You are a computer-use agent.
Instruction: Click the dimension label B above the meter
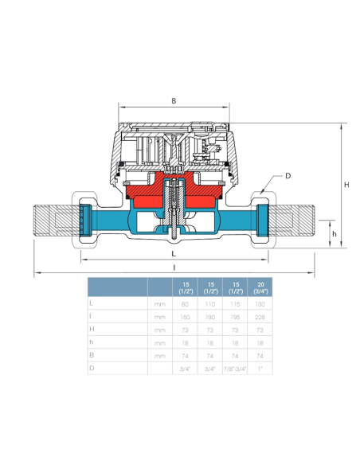(x=174, y=101)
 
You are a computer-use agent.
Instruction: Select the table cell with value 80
(x=186, y=303)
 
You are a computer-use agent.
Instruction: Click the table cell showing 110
(x=211, y=303)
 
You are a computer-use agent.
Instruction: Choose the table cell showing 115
(x=235, y=303)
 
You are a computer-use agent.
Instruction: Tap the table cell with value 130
(x=260, y=303)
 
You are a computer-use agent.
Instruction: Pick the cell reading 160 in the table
(x=186, y=316)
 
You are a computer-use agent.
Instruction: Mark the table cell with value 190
(x=211, y=316)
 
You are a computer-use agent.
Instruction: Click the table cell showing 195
(x=235, y=316)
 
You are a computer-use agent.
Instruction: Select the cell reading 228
(x=260, y=316)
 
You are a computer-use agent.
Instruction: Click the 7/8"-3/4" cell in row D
(x=235, y=368)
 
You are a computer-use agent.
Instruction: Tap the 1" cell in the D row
(x=260, y=368)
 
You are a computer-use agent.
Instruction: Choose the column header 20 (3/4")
(x=260, y=287)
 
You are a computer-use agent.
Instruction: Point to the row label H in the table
(x=92, y=329)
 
